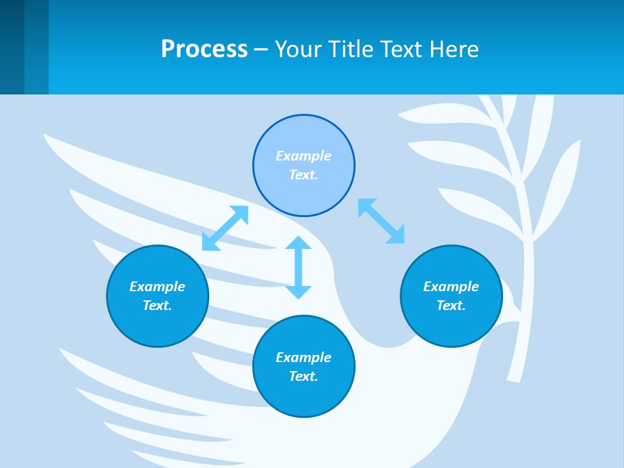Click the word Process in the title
coord(204,49)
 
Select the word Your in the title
coord(297,49)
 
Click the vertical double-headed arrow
coord(298,268)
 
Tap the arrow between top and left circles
coord(225,228)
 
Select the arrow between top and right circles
coord(382,221)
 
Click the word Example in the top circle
coord(304,156)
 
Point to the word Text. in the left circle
coord(157,305)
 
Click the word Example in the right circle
coord(451,287)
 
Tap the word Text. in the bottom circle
coord(304,376)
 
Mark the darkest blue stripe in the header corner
coord(12,47)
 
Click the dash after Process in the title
coord(261,49)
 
